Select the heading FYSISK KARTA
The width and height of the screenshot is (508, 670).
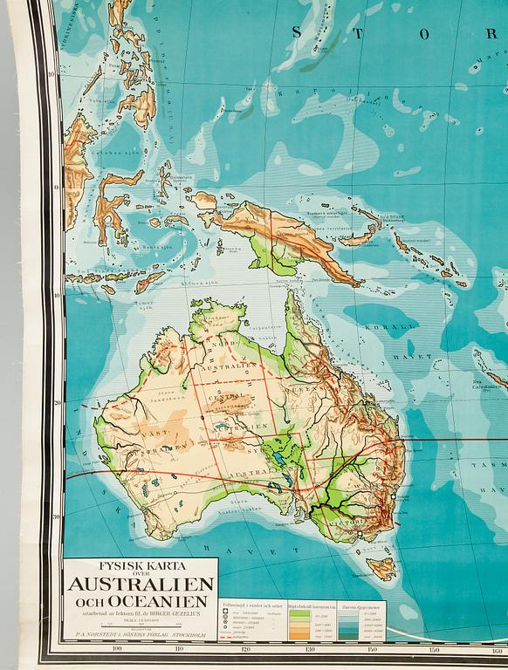(x=140, y=565)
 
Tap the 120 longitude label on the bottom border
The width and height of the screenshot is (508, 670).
(x=245, y=649)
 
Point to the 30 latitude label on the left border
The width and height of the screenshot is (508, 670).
(x=55, y=516)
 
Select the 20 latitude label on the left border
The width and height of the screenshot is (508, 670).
(x=55, y=403)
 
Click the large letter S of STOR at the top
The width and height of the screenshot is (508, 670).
(x=297, y=33)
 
